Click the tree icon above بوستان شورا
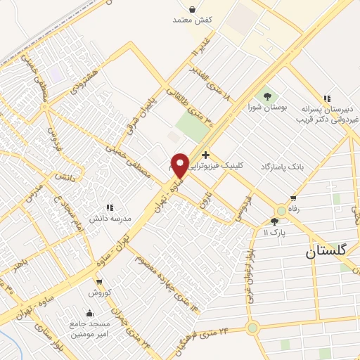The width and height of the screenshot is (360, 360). point(266,96)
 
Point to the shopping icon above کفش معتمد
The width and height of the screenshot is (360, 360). point(193,8)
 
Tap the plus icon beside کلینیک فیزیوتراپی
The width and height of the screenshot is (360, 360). point(205,155)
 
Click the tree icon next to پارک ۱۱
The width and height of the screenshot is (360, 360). point(274,222)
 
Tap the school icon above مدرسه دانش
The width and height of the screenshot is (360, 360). point(110,207)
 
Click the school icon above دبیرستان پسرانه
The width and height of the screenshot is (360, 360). point(326,99)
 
